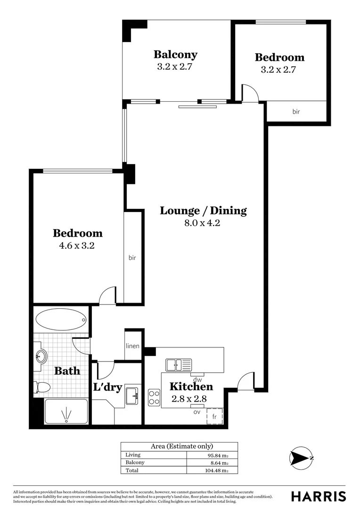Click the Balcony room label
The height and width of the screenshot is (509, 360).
(x=175, y=55)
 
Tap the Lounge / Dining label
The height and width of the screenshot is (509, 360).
(x=203, y=211)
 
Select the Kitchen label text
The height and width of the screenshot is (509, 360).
(x=191, y=387)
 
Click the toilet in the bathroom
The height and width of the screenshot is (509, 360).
(x=42, y=387)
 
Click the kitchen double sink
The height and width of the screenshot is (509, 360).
(x=179, y=365)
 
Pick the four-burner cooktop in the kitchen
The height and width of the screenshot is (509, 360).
(x=154, y=397)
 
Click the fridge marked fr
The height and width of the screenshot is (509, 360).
(x=214, y=417)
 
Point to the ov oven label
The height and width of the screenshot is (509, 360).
(x=197, y=411)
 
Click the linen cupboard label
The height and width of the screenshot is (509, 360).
(x=132, y=346)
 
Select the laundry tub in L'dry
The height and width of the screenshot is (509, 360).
(x=131, y=396)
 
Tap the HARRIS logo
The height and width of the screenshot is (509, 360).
(x=318, y=496)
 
